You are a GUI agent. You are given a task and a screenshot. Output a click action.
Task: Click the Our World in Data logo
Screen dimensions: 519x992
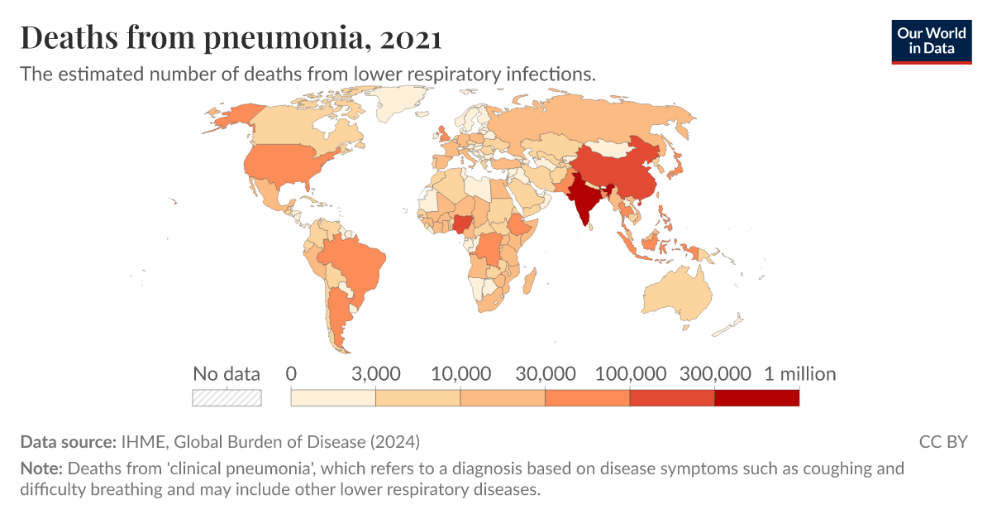point(931,41)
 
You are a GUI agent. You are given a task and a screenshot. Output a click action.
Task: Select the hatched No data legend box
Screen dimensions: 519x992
point(227,398)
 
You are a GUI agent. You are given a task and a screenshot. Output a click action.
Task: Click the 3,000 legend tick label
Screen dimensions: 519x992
point(376,373)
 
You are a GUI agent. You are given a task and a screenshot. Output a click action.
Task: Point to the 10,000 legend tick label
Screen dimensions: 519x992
point(460,373)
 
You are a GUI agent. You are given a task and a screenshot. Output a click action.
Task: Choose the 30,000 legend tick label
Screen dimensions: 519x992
point(546,373)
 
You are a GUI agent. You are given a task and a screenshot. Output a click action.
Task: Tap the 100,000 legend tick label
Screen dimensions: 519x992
point(630,373)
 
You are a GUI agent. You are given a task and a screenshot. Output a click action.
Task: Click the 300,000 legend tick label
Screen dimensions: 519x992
point(715,373)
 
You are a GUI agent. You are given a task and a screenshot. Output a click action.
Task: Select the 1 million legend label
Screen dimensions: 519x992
point(799,373)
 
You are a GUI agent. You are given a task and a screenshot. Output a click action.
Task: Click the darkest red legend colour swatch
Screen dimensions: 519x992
point(757,398)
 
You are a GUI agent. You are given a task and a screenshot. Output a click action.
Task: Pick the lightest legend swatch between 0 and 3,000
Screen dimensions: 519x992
point(333,398)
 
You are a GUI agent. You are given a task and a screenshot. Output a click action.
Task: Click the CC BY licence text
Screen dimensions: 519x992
point(942,441)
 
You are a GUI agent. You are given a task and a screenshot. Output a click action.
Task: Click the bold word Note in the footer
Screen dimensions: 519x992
point(39,469)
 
